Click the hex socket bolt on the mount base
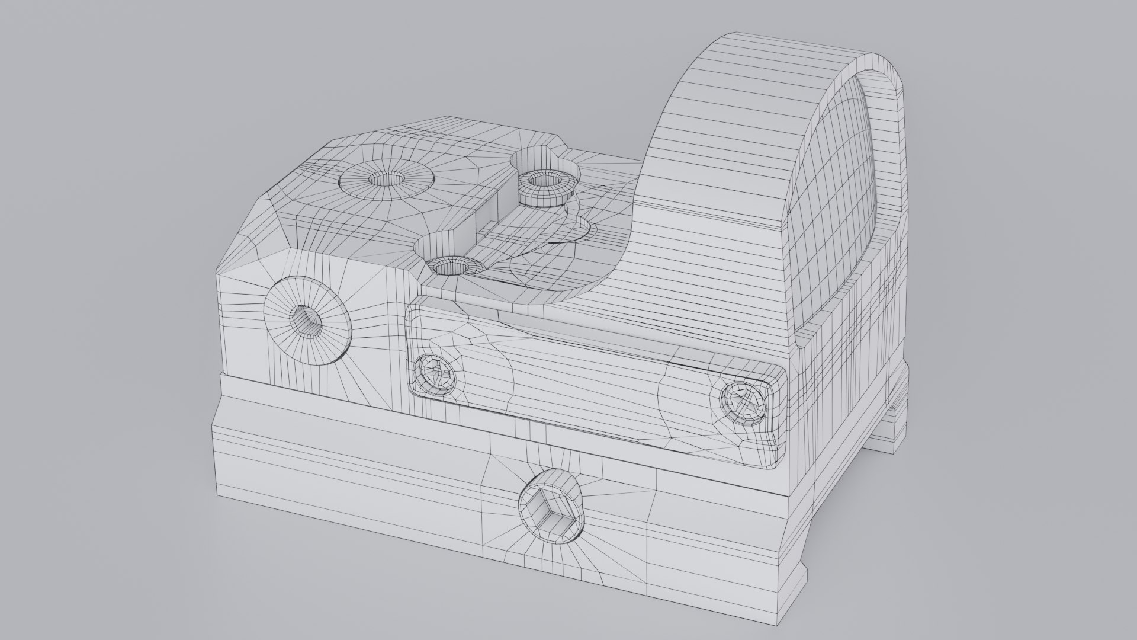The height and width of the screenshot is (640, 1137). (x=551, y=508)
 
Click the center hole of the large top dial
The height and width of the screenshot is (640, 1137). (x=385, y=179)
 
